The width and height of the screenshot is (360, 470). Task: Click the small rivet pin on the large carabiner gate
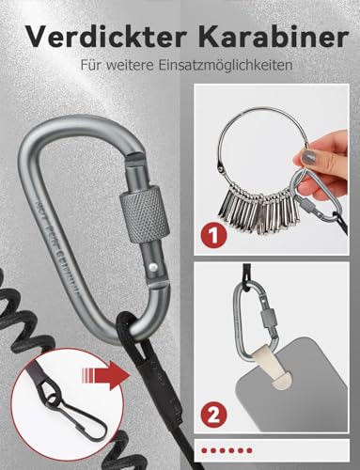point(150,269)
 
